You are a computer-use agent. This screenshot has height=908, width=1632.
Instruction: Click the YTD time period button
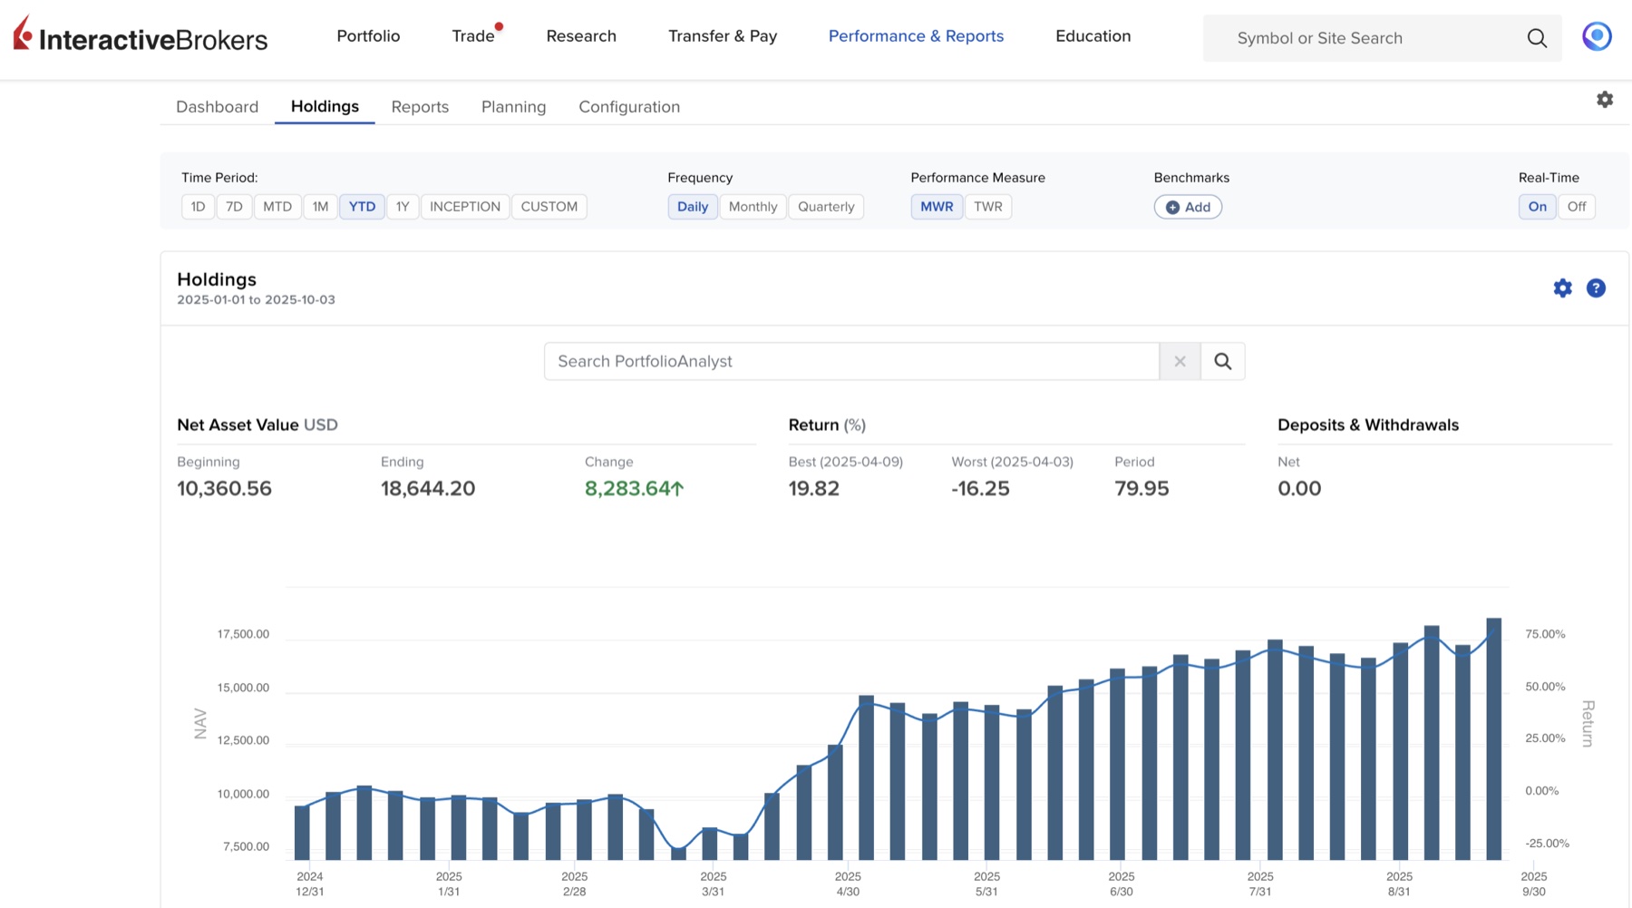click(362, 207)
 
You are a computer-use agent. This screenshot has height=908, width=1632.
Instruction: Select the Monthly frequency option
click(753, 207)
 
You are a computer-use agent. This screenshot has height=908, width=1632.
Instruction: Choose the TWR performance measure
click(987, 207)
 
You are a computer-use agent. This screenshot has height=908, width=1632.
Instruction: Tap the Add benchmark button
click(1188, 207)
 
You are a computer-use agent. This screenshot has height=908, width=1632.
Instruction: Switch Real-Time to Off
click(1577, 207)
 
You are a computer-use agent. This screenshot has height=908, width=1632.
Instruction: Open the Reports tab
click(420, 107)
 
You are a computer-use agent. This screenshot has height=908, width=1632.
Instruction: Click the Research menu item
click(581, 36)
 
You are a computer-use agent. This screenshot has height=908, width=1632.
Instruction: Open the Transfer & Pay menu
click(723, 36)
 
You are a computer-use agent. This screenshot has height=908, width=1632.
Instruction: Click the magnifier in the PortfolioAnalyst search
click(1223, 361)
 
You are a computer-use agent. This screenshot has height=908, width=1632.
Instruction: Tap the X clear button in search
click(1180, 361)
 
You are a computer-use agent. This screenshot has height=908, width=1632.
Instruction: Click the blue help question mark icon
click(1596, 288)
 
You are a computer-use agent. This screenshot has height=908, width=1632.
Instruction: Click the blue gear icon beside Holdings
click(1562, 288)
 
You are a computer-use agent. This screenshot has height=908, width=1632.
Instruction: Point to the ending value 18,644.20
click(428, 489)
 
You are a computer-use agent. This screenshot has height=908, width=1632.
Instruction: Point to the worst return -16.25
click(980, 489)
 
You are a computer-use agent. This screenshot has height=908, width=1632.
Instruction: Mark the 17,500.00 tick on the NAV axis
click(243, 634)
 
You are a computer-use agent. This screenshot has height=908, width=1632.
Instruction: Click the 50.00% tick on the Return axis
click(1545, 687)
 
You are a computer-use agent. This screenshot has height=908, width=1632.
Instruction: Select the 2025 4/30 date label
click(848, 884)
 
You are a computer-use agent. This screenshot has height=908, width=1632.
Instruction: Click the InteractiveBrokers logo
click(141, 35)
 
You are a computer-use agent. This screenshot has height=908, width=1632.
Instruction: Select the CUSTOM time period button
click(549, 207)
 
